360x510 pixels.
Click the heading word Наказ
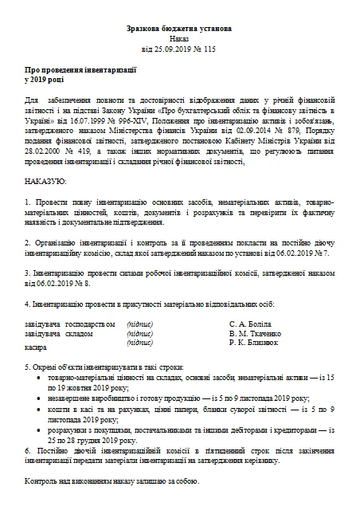(x=179, y=38)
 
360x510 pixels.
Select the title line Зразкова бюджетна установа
(x=179, y=28)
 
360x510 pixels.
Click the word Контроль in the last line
(x=42, y=483)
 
